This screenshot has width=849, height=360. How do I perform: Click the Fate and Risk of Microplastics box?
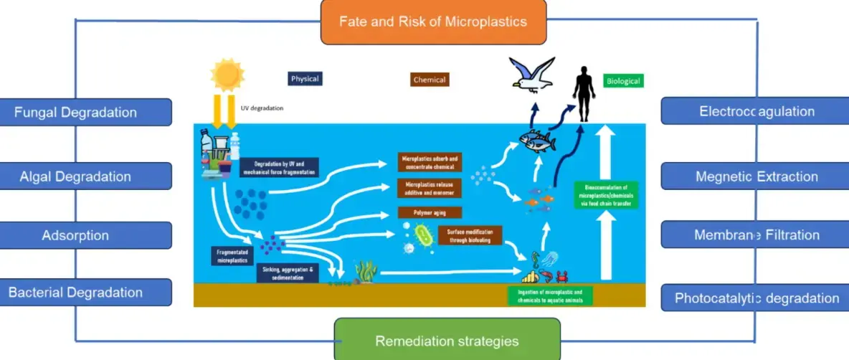(433, 21)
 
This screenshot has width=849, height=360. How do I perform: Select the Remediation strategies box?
(447, 340)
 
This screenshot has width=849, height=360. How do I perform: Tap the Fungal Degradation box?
(85, 112)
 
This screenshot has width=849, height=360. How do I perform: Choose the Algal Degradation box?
(85, 176)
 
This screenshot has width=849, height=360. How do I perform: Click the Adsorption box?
(85, 235)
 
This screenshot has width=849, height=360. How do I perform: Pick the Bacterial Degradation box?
(85, 292)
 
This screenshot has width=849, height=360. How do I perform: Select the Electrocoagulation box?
(756, 111)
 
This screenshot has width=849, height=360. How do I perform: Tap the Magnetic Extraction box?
(756, 176)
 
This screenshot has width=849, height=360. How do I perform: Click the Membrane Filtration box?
(756, 235)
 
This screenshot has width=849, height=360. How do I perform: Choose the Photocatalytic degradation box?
(756, 298)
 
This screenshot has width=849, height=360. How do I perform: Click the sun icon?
(227, 75)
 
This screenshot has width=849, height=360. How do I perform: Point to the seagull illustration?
(532, 74)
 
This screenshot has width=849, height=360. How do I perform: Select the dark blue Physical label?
(305, 78)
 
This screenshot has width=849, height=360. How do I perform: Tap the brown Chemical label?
(430, 80)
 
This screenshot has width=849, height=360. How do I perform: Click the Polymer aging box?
(429, 213)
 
